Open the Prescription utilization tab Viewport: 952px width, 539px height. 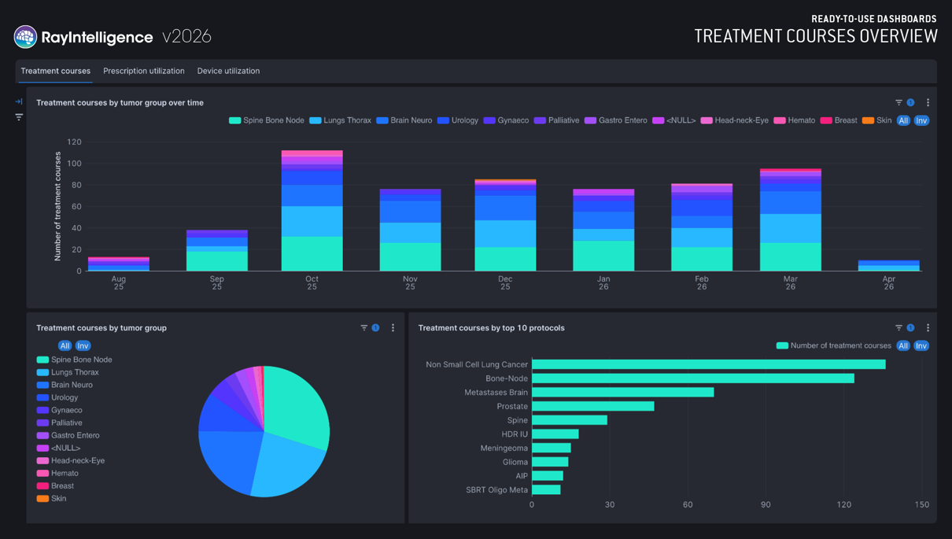pyautogui.click(x=144, y=71)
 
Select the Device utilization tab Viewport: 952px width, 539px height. pyautogui.click(x=228, y=71)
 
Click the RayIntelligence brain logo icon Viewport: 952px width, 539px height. pyautogui.click(x=25, y=37)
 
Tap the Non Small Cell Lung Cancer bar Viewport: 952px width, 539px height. pyautogui.click(x=708, y=364)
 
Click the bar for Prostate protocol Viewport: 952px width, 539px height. pyautogui.click(x=593, y=406)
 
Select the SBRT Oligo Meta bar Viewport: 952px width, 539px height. pyautogui.click(x=546, y=489)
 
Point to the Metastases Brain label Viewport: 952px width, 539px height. pyautogui.click(x=496, y=393)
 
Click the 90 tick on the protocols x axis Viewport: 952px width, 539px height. pyautogui.click(x=766, y=504)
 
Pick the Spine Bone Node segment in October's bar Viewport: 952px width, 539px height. pyautogui.click(x=312, y=253)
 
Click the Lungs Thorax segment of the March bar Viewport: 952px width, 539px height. pyautogui.click(x=791, y=228)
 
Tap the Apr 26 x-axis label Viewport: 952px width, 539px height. pyautogui.click(x=889, y=282)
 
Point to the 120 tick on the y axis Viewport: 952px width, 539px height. pyautogui.click(x=74, y=142)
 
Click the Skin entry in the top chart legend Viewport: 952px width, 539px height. pyautogui.click(x=876, y=120)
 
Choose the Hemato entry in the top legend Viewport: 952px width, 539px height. pyautogui.click(x=795, y=120)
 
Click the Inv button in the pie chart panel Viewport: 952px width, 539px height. pyautogui.click(x=83, y=345)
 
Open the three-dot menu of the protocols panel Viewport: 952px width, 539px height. pyautogui.click(x=928, y=328)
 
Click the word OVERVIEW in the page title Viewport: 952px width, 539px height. pyautogui.click(x=898, y=36)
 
